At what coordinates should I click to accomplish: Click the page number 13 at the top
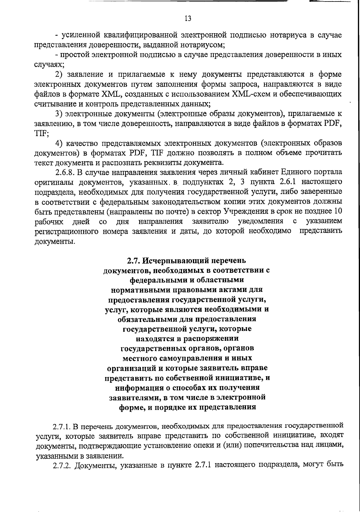pos(188,19)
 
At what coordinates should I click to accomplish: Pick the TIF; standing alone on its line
pos(42,133)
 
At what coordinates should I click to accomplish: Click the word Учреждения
pos(247,212)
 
